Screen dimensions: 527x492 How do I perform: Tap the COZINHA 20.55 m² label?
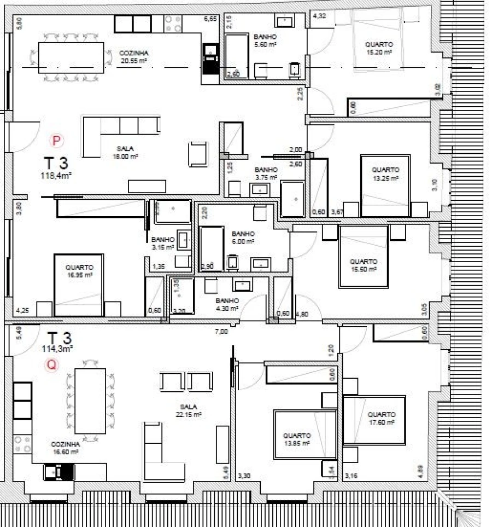click(134, 56)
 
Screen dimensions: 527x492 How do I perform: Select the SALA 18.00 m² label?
click(127, 152)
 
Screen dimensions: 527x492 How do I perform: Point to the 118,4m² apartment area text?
click(56, 176)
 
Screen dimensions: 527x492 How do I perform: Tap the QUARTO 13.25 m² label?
click(386, 174)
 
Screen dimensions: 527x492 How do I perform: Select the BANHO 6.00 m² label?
click(243, 237)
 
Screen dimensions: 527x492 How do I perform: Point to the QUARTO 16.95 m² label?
click(78, 271)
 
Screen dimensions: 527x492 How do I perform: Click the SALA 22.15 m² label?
click(190, 411)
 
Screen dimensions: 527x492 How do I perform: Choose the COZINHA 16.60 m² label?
click(65, 448)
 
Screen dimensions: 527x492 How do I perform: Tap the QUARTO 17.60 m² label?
click(382, 418)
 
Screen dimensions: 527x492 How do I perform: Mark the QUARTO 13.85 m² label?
click(297, 439)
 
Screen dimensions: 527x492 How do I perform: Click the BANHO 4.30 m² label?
click(227, 304)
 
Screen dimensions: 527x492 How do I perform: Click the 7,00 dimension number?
click(221, 331)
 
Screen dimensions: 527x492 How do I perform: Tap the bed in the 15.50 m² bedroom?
click(364, 256)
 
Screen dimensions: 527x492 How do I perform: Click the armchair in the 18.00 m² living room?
click(198, 153)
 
